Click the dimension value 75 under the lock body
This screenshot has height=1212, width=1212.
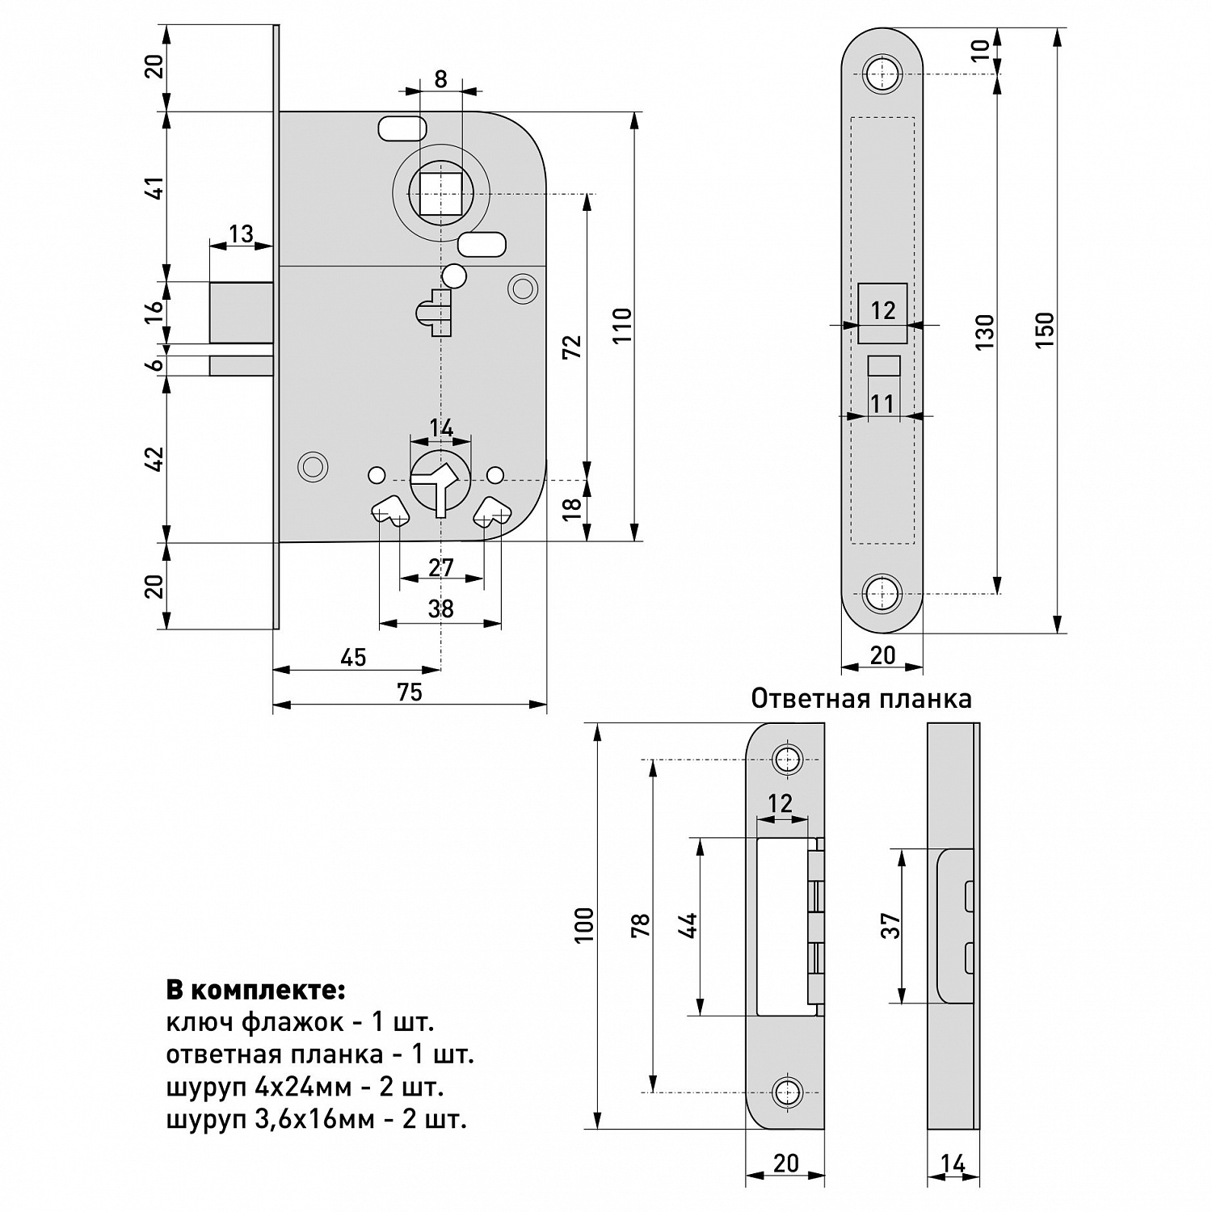(410, 692)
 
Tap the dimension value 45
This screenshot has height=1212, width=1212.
(353, 658)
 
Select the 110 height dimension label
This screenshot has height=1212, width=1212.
(621, 326)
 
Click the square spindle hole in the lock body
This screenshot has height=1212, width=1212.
(441, 195)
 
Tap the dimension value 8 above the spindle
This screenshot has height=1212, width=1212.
(440, 79)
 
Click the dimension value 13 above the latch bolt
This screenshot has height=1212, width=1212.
(241, 234)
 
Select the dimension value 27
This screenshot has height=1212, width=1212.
(441, 568)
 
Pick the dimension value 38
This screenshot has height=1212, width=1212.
(441, 609)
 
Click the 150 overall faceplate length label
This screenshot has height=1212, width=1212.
(1045, 330)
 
